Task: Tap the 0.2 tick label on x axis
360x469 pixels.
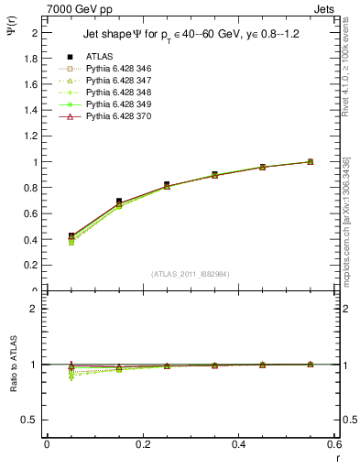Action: tap(142, 444)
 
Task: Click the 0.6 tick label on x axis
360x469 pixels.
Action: tap(334, 444)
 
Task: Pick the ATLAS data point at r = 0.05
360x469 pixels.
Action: tap(71, 236)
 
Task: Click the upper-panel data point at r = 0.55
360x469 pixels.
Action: tap(310, 161)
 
